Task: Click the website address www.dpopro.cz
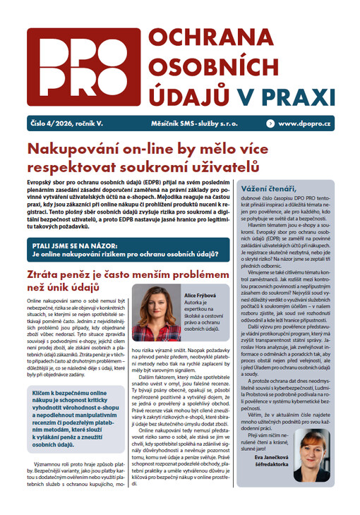306,123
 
